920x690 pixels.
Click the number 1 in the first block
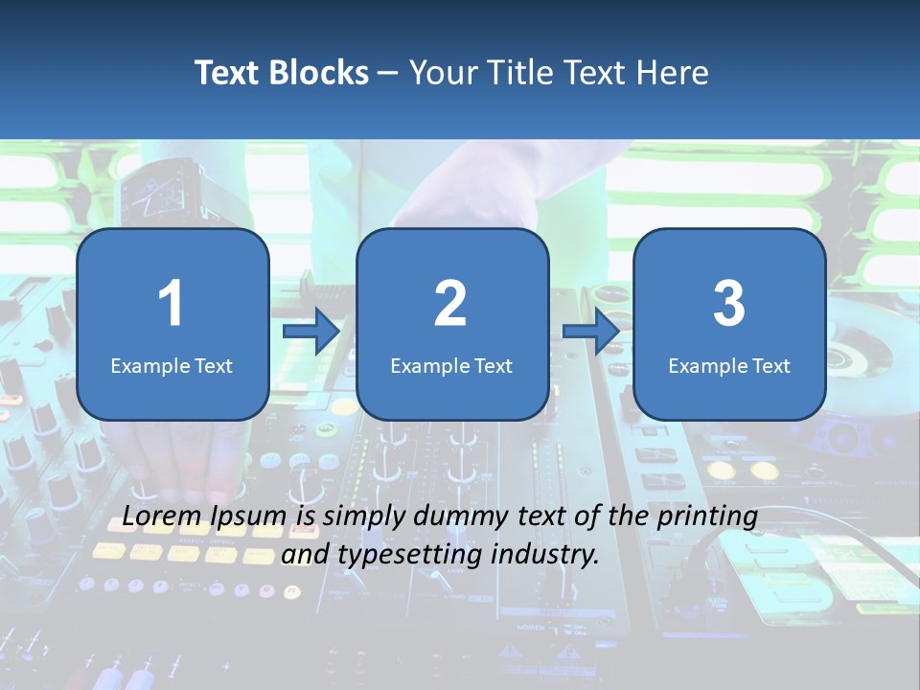pos(172,304)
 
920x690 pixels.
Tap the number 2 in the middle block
pos(450,304)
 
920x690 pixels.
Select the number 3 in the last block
pos(729,304)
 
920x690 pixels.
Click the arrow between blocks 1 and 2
pos(311,331)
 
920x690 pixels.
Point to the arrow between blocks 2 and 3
pos(590,331)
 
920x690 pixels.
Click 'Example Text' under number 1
pos(172,365)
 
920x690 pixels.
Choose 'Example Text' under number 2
pos(451,365)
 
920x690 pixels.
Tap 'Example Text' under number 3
pos(729,365)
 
